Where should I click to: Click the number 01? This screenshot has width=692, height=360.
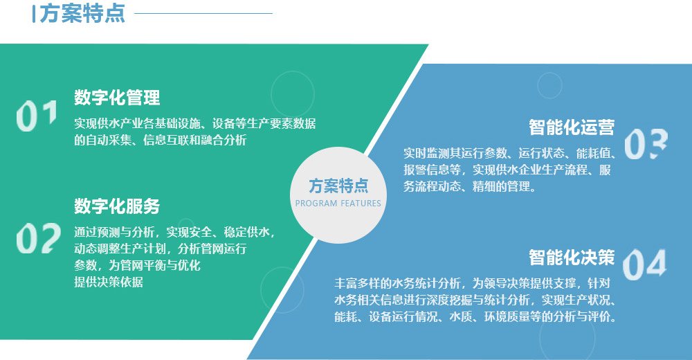pyautogui.click(x=37, y=116)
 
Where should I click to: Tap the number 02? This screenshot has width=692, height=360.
pyautogui.click(x=38, y=238)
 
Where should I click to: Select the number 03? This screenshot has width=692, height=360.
pyautogui.click(x=646, y=144)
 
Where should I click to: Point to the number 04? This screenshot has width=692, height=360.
pyautogui.click(x=644, y=264)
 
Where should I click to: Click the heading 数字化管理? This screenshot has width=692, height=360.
pyautogui.click(x=117, y=98)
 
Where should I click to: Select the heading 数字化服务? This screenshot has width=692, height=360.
pyautogui.click(x=117, y=206)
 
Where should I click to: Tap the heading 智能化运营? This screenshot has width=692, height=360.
pyautogui.click(x=572, y=127)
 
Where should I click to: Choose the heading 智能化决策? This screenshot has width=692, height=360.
pyautogui.click(x=572, y=258)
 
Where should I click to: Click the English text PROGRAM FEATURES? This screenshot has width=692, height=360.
pyautogui.click(x=338, y=204)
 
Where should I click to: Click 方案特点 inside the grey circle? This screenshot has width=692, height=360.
pyautogui.click(x=338, y=186)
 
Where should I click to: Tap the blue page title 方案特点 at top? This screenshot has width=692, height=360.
pyautogui.click(x=82, y=13)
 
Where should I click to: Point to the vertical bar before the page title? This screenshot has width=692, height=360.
pyautogui.click(x=34, y=14)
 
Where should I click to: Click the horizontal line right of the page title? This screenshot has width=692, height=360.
pyautogui.click(x=203, y=13)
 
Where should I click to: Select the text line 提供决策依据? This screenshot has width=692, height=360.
pyautogui.click(x=109, y=282)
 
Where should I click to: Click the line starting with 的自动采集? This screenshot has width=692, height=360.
pyautogui.click(x=161, y=140)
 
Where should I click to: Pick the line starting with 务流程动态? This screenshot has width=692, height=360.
pyautogui.click(x=470, y=186)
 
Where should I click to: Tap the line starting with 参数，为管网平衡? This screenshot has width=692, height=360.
pyautogui.click(x=137, y=265)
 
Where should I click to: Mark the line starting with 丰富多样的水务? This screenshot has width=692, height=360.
pyautogui.click(x=472, y=283)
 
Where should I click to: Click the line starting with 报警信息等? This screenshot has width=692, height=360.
pyautogui.click(x=507, y=170)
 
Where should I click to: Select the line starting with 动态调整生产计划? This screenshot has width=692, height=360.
pyautogui.click(x=161, y=249)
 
